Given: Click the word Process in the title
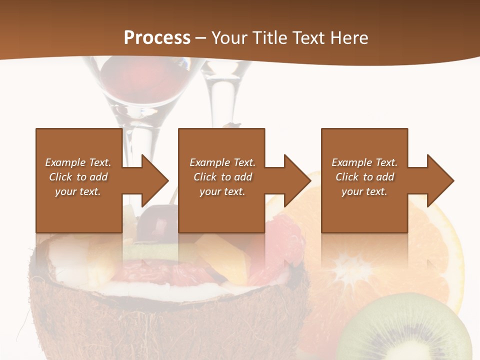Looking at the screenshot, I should pyautogui.click(x=157, y=38).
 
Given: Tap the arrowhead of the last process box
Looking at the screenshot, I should pyautogui.click(x=440, y=180).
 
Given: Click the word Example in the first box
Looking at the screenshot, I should pyautogui.click(x=65, y=162).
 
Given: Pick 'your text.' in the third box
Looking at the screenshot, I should pyautogui.click(x=364, y=191).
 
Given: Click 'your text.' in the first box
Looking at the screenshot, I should pyautogui.click(x=78, y=191).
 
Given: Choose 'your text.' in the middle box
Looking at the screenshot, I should pyautogui.click(x=222, y=191).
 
